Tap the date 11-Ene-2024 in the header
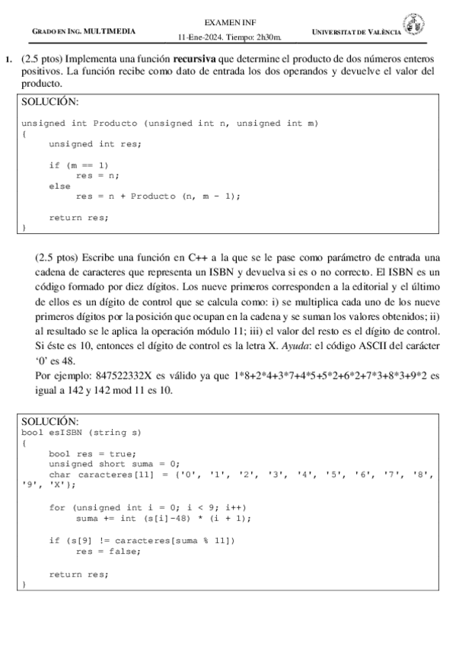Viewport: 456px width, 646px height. (x=197, y=37)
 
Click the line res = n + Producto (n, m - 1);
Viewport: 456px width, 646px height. (x=158, y=196)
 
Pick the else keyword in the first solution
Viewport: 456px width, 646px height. (x=59, y=185)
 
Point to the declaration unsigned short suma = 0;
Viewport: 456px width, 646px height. (x=113, y=463)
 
